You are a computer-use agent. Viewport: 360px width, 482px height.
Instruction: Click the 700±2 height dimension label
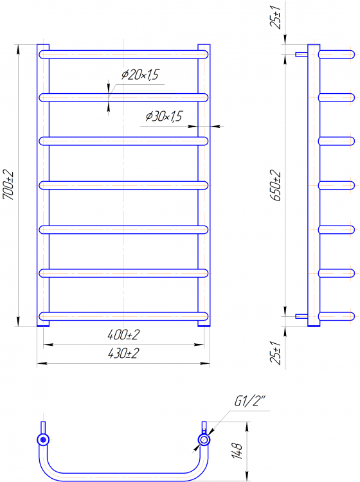coord(8,184)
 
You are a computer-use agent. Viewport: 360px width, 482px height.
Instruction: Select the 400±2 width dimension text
coord(123,335)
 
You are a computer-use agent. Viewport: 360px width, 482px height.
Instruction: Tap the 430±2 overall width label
coord(123,353)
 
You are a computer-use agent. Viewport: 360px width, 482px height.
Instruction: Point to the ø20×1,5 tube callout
coord(140,75)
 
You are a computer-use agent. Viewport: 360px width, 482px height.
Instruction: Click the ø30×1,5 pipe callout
coord(164,116)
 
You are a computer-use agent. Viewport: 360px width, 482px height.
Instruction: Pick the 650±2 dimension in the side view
coord(276,185)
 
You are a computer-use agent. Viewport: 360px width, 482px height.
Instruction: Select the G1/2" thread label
coord(249,401)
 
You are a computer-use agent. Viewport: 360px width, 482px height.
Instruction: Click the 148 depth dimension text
coord(237,451)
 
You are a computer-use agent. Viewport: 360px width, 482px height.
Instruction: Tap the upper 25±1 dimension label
coord(276,17)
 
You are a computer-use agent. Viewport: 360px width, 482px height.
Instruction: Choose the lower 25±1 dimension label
coord(276,353)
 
